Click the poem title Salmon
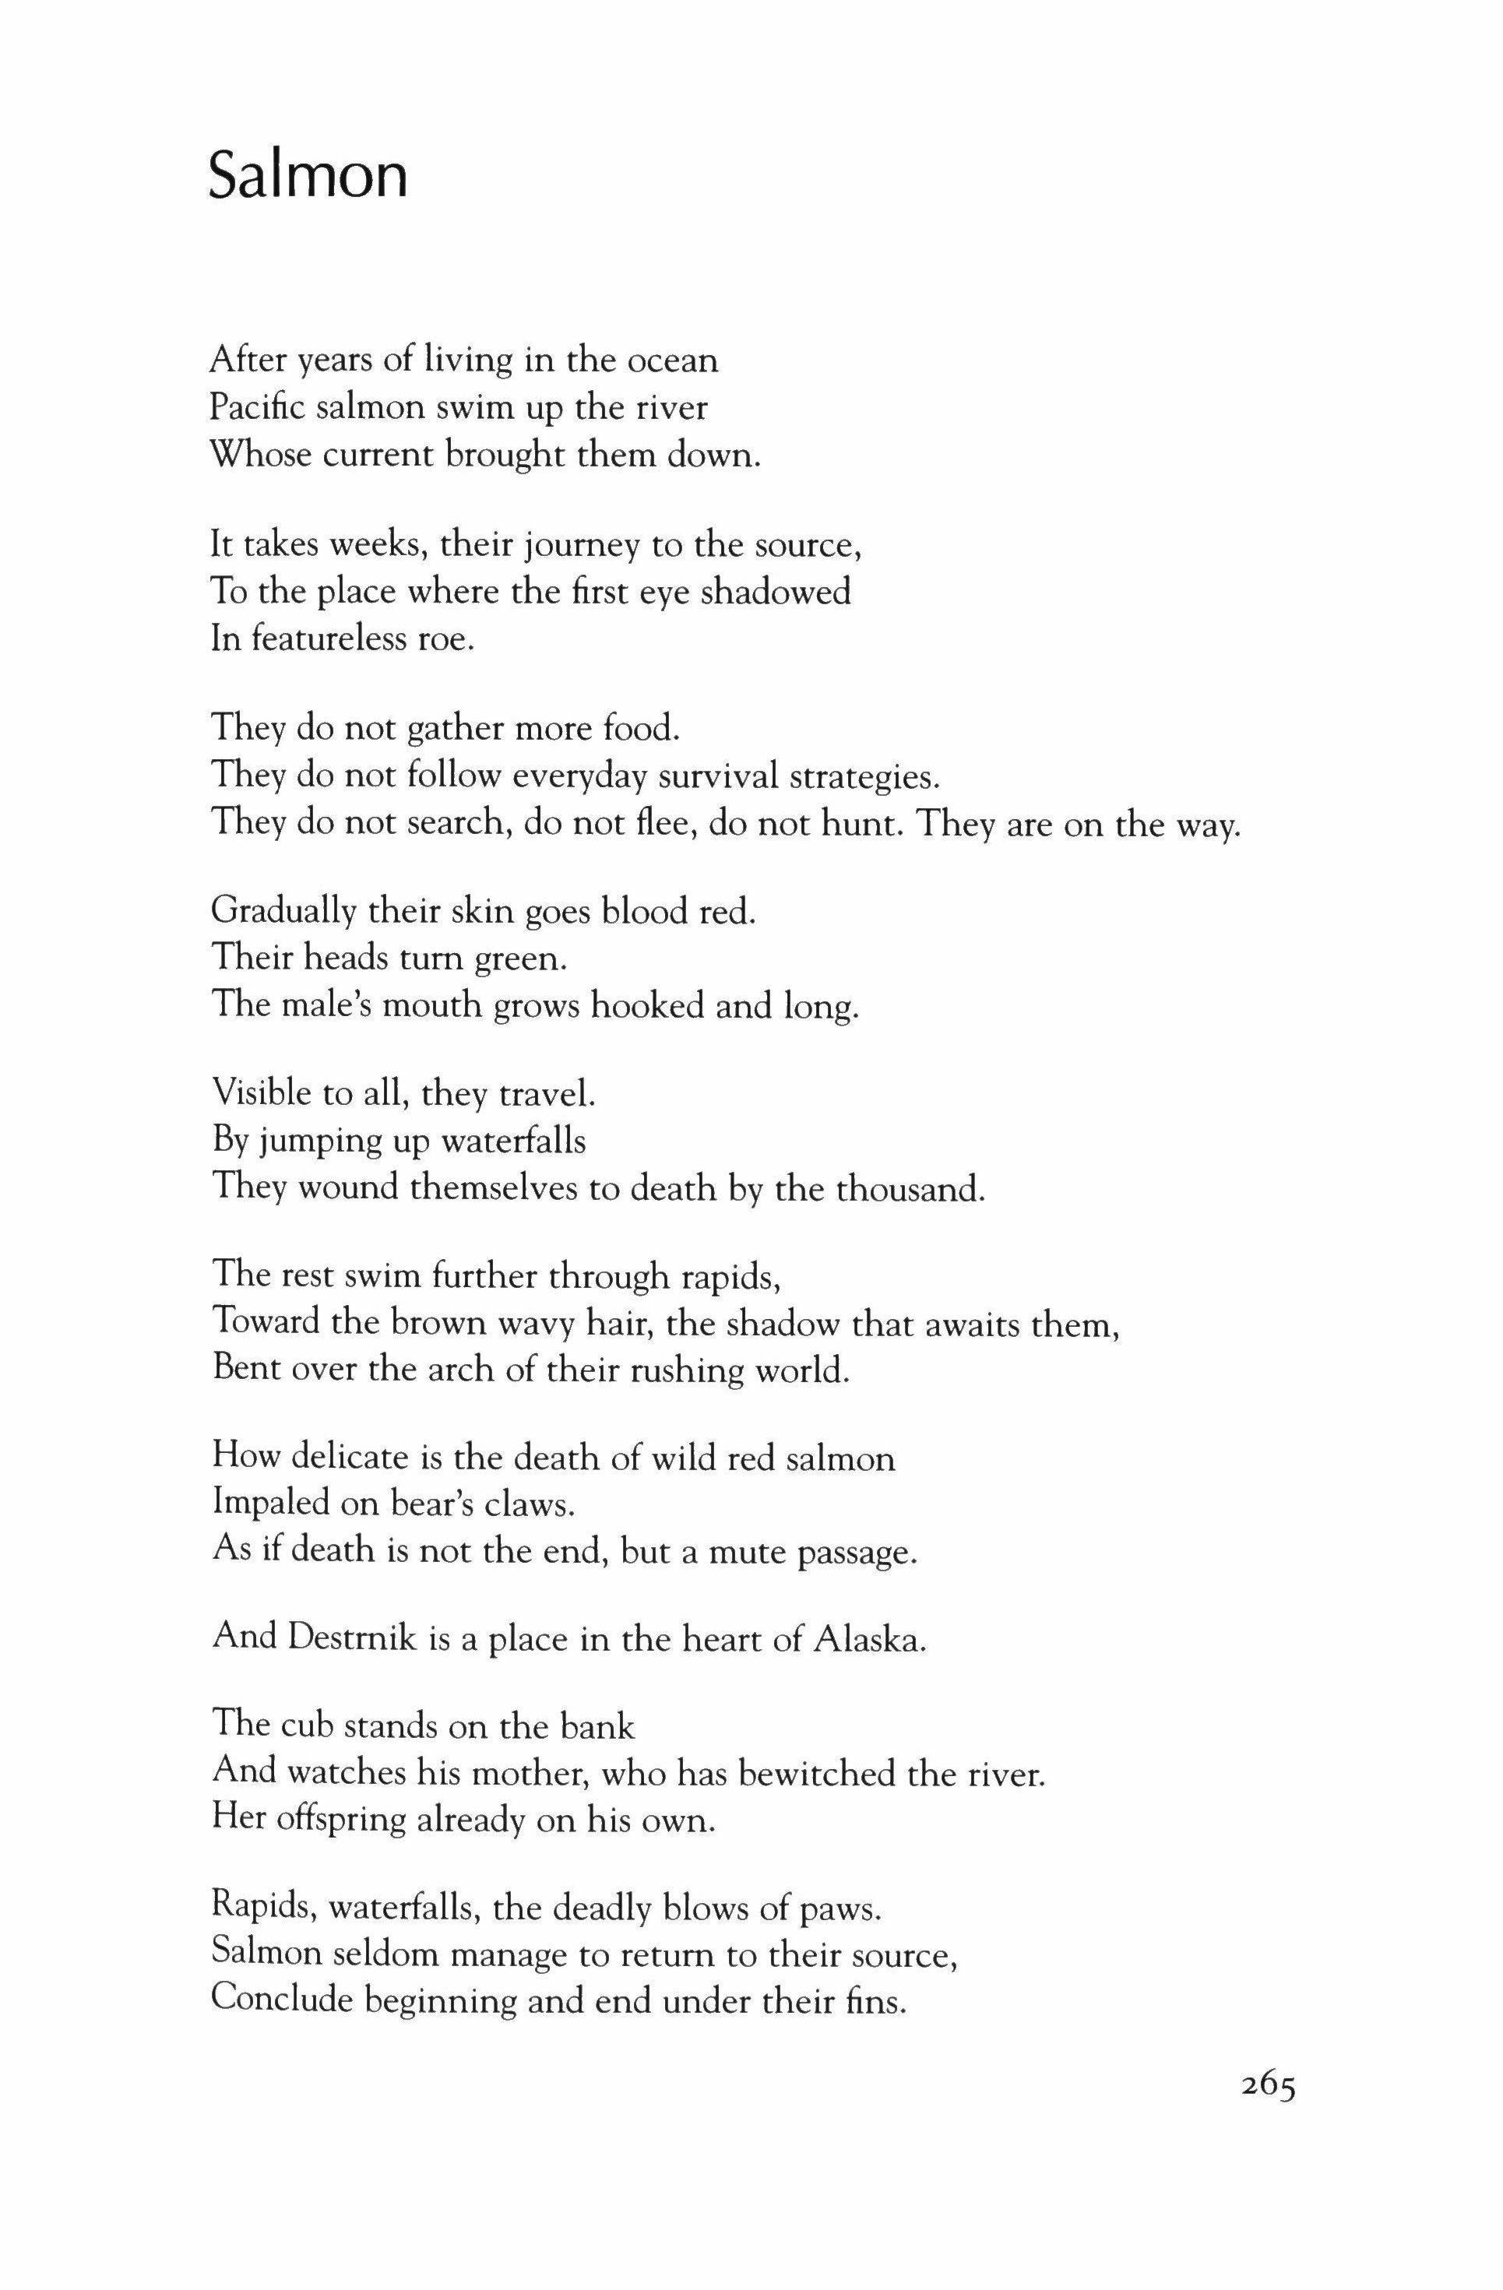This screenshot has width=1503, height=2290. coord(308,175)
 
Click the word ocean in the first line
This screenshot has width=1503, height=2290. coord(673,361)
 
